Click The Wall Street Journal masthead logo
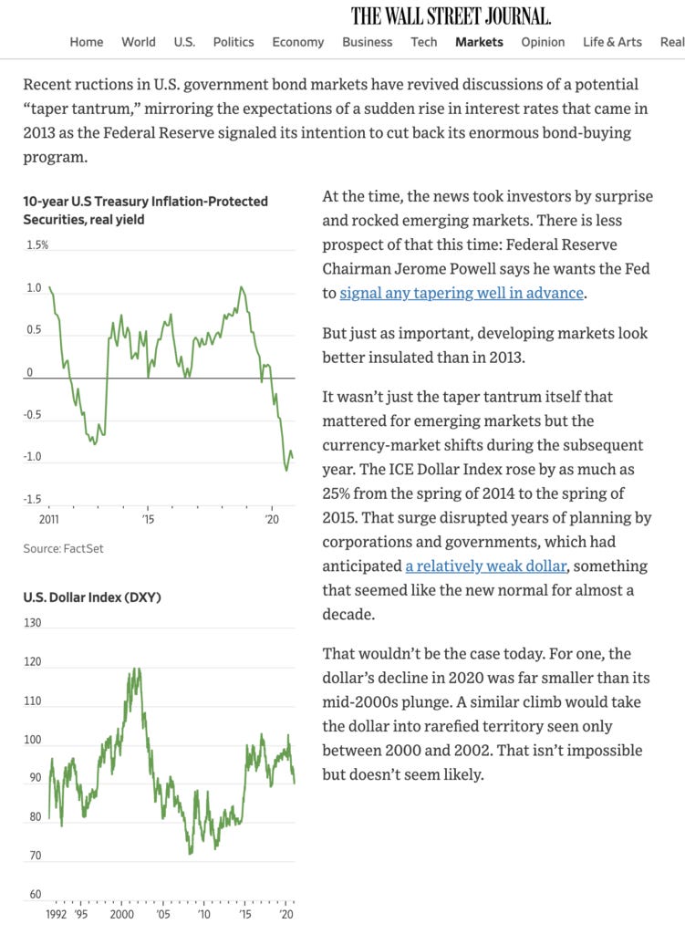point(451,16)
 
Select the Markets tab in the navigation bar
point(479,42)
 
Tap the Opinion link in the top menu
point(543,42)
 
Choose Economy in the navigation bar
point(297,42)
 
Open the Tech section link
point(424,42)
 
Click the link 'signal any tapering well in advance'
point(462,293)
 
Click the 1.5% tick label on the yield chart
point(36,245)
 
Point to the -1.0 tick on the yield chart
point(35,457)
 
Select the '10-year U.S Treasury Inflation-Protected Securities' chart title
point(145,210)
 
